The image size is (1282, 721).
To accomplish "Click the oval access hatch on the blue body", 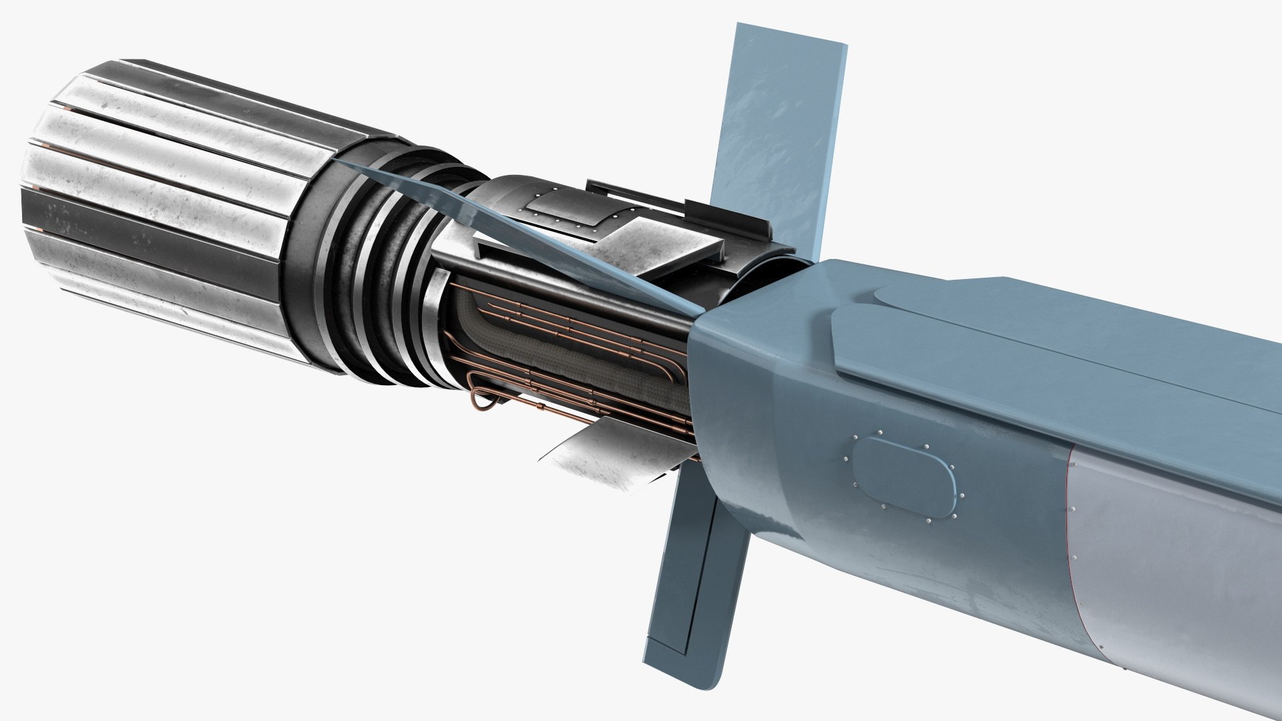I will tap(905, 476).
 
